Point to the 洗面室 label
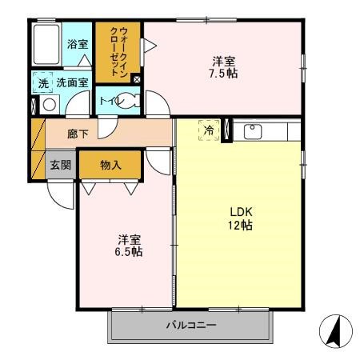tap(70, 82)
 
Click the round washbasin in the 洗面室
tap(49, 103)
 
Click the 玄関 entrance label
tap(60, 165)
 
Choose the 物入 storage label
tap(110, 165)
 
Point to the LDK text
tap(242, 211)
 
